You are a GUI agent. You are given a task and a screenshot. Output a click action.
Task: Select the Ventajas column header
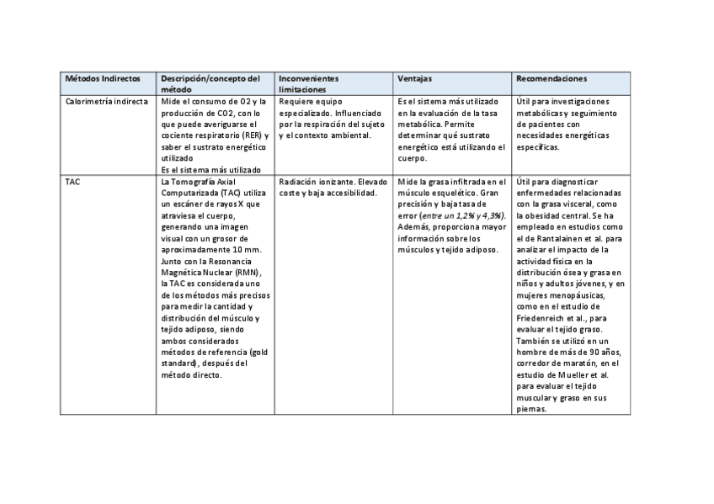point(414,78)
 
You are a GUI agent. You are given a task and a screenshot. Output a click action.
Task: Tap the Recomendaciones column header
point(551,78)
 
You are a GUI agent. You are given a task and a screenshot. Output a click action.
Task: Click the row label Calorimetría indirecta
point(106,101)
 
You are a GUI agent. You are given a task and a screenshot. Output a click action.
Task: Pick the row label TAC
point(72,181)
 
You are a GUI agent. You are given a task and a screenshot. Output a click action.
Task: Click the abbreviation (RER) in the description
point(251,135)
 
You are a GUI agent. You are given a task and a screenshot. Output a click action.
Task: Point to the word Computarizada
point(189,193)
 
